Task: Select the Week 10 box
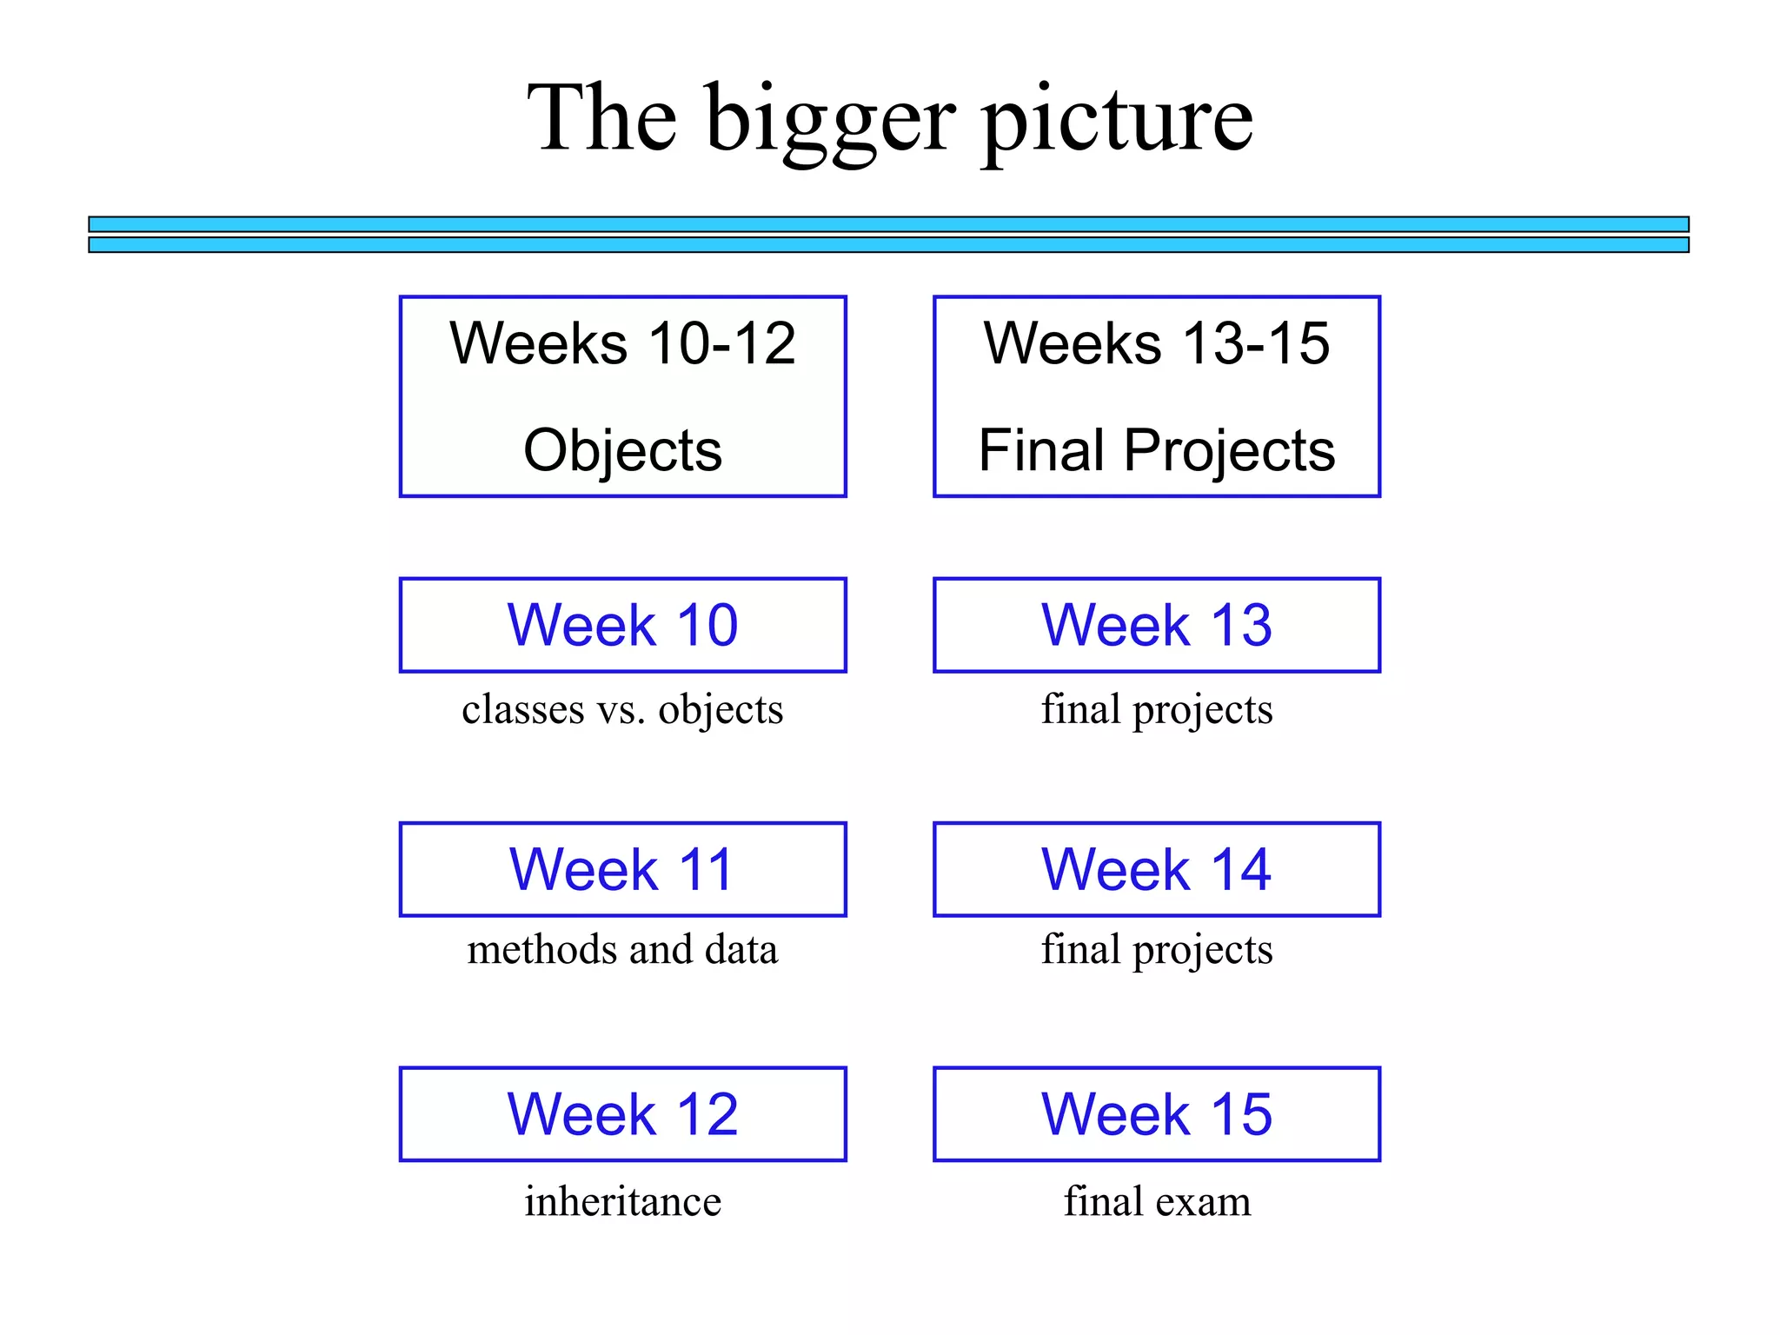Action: pos(622,625)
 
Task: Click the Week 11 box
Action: pos(622,869)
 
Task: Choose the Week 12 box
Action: pos(622,1113)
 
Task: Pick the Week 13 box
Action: pos(1156,625)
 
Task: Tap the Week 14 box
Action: pos(1156,869)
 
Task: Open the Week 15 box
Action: pos(1156,1113)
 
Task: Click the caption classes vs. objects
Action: pos(622,709)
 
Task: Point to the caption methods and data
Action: pos(622,949)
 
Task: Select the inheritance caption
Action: pos(622,1201)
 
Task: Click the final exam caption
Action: pos(1157,1201)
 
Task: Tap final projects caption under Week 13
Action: pos(1157,709)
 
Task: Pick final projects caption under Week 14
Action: pos(1157,949)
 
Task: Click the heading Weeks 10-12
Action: pos(622,343)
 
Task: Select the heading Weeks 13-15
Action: pos(1156,343)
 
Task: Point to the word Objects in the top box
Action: pos(622,450)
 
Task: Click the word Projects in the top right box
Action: pos(1229,450)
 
